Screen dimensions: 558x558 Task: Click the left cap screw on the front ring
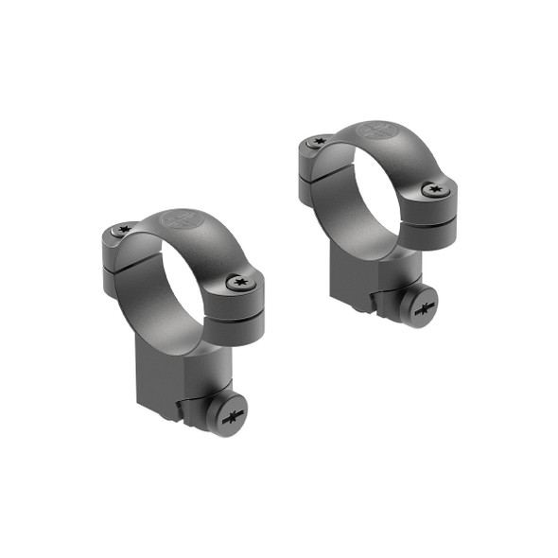(x=120, y=230)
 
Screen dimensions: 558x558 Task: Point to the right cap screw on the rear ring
(x=434, y=189)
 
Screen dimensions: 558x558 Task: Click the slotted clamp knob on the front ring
(x=229, y=414)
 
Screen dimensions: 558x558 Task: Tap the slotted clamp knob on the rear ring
(x=424, y=307)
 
